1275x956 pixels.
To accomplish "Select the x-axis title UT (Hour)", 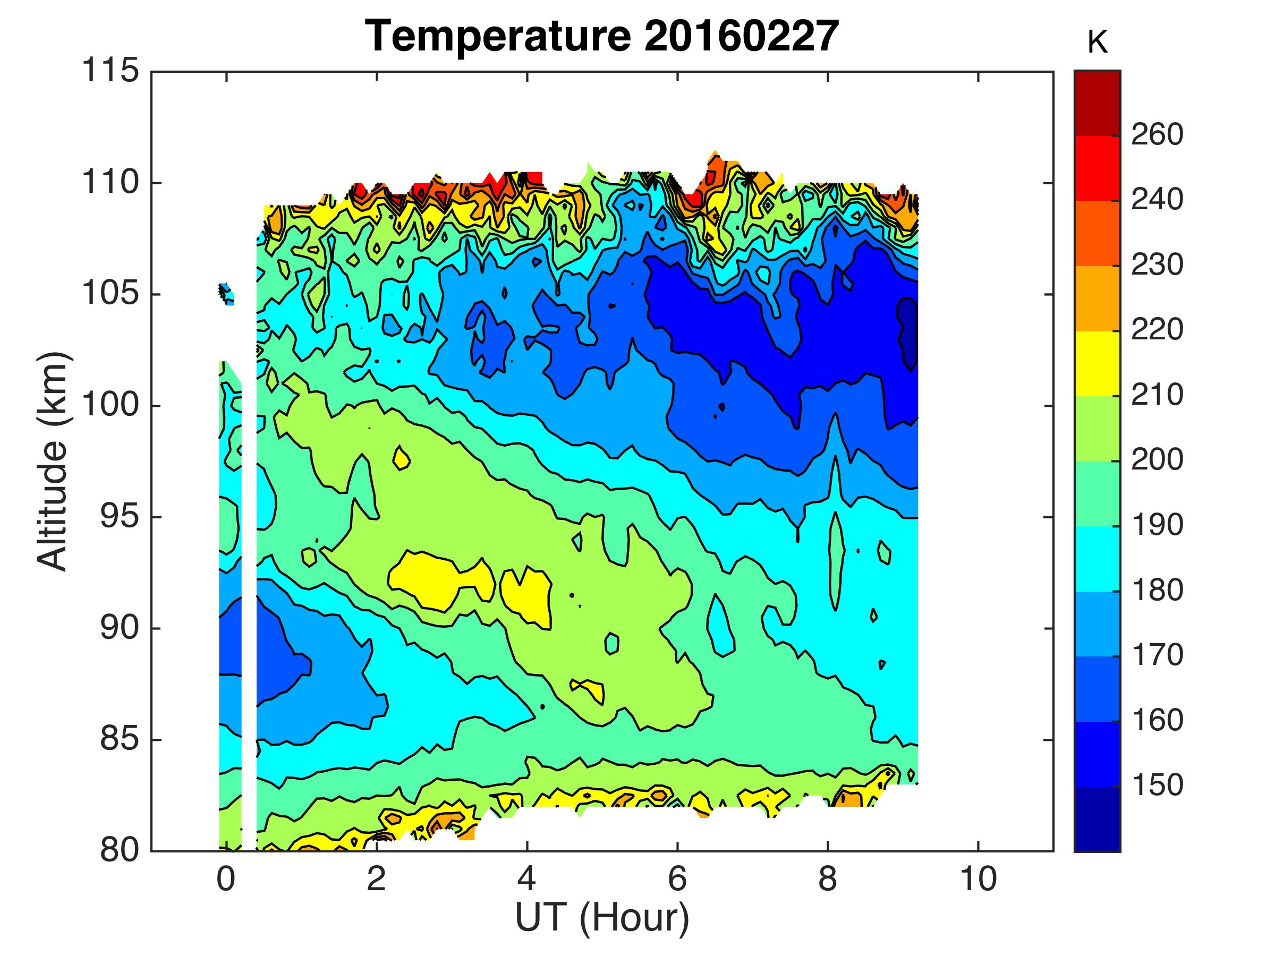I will coord(602,917).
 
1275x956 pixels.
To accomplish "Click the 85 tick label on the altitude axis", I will coord(120,739).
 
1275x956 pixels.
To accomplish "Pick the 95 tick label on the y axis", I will coord(120,517).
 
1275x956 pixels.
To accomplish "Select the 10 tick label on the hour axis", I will coord(978,879).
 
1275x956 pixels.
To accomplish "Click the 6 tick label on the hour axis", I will coord(677,879).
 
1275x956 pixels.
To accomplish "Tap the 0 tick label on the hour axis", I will coord(226,879).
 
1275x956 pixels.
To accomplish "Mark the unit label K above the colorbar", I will coord(1098,43).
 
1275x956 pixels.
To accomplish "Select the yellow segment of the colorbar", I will coord(1097,364).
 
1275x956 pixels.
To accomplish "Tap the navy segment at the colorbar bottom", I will coord(1097,818).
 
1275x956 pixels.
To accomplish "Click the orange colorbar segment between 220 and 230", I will coord(1097,298).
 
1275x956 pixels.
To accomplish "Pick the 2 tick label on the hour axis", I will coord(376,879).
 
